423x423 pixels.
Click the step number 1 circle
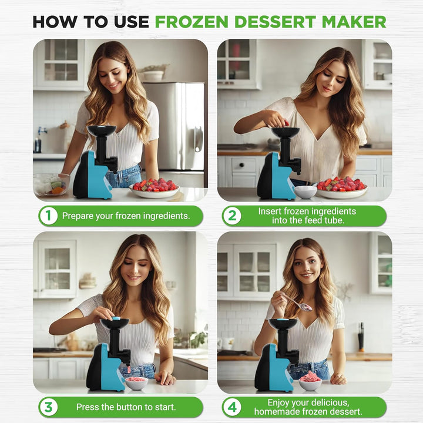[48, 216]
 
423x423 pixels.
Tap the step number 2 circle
[231, 216]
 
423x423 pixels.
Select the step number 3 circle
[48, 407]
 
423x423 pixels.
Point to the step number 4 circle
[231, 407]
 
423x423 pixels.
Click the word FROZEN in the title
[193, 22]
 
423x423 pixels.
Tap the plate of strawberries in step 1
[155, 187]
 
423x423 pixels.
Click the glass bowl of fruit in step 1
[51, 184]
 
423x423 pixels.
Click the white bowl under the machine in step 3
[136, 383]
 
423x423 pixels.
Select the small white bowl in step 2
[304, 192]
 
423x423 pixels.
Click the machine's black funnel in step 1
[101, 130]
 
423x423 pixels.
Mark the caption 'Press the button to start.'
[126, 407]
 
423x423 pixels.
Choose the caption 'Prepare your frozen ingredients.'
[126, 216]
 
